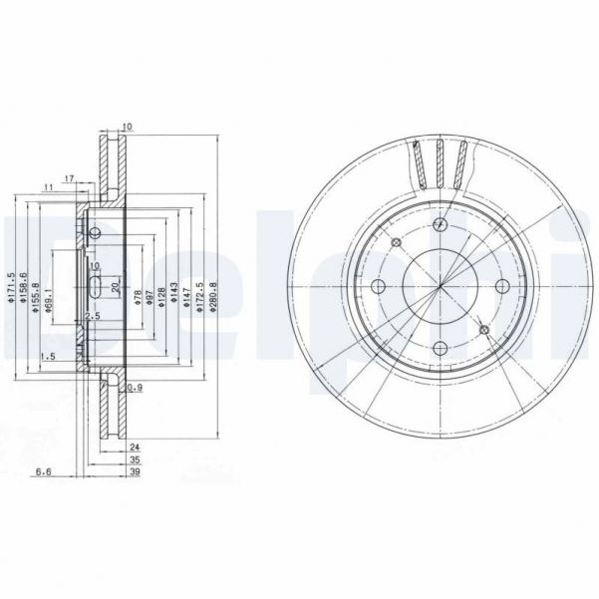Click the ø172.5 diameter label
198,291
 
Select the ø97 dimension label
150,295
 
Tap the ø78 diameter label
138,295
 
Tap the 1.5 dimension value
46,356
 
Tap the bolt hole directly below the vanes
440,226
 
